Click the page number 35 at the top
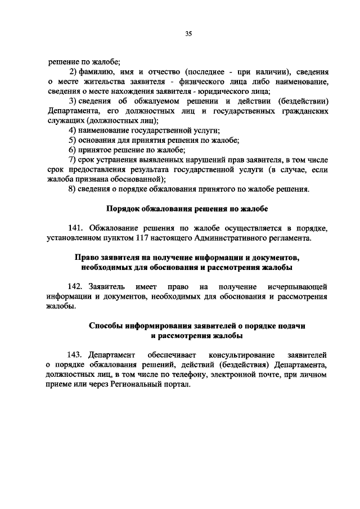[x=188, y=34]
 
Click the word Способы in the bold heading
[x=106, y=326]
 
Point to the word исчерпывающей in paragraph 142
[x=299, y=287]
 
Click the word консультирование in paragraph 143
[x=241, y=355]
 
